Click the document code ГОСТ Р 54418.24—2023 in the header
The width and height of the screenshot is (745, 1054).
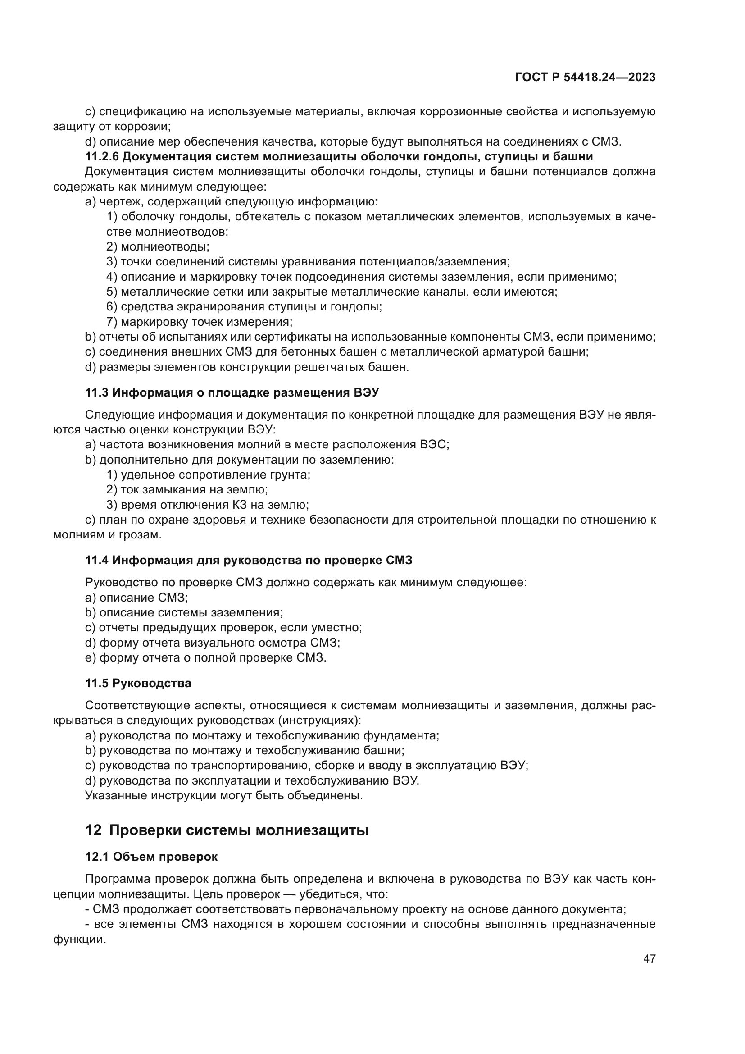pyautogui.click(x=585, y=77)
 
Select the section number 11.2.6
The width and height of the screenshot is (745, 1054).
pyautogui.click(x=102, y=156)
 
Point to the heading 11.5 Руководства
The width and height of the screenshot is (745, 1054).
pyautogui.click(x=138, y=683)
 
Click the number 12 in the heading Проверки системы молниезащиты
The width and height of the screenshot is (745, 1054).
pyautogui.click(x=93, y=830)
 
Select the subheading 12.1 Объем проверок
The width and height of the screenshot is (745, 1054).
pyautogui.click(x=151, y=857)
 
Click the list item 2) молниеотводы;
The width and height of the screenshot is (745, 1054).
pyautogui.click(x=158, y=246)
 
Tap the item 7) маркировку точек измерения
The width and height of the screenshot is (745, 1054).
pyautogui.click(x=200, y=322)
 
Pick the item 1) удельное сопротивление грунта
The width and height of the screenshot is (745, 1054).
pyautogui.click(x=208, y=475)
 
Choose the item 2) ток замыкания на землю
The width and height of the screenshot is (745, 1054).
pyautogui.click(x=187, y=490)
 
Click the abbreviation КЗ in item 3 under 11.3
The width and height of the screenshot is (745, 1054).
pyautogui.click(x=252, y=505)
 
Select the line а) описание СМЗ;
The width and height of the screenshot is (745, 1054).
pyautogui.click(x=137, y=597)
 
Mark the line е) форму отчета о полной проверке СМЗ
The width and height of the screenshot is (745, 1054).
pyautogui.click(x=205, y=657)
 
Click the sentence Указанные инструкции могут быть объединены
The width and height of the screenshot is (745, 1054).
pyautogui.click(x=224, y=795)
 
